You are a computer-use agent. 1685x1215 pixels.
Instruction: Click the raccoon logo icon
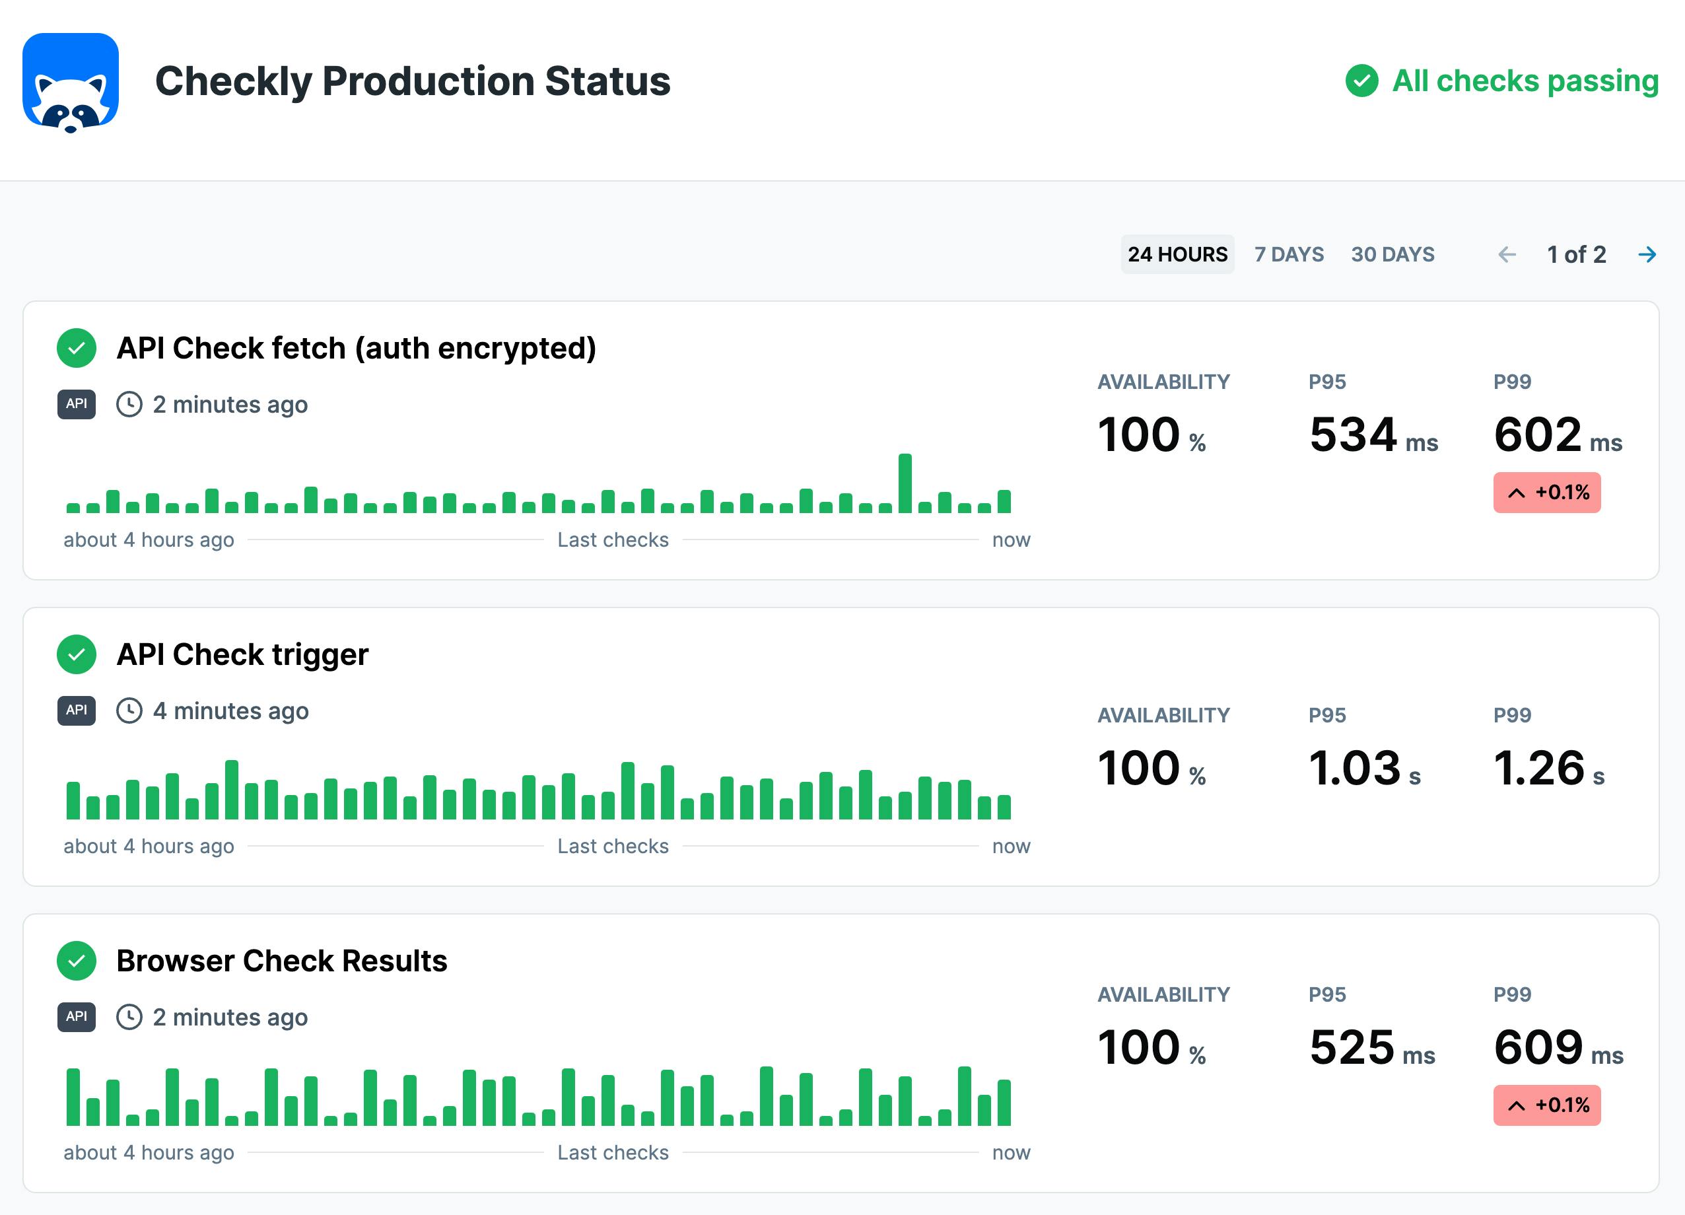pos(71,83)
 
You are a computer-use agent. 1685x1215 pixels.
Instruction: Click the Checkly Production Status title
pos(412,81)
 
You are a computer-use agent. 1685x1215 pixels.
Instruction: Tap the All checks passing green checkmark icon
pos(1361,81)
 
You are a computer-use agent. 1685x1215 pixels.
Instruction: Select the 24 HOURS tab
pos(1177,254)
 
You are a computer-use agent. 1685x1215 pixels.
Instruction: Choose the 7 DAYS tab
pos(1288,254)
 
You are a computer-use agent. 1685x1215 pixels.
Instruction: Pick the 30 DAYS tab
pos(1393,254)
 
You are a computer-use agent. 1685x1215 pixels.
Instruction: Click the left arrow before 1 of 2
pos(1507,254)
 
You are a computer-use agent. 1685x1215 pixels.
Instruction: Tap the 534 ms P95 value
pos(1373,434)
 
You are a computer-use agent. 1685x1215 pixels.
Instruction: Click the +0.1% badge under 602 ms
pos(1547,492)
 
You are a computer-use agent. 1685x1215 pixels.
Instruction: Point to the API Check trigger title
pos(242,654)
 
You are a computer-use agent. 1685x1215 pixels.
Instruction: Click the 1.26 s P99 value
pos(1548,769)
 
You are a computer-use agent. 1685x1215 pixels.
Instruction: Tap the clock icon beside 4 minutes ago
pos(129,711)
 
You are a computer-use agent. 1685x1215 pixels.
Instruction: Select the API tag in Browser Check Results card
pos(77,1017)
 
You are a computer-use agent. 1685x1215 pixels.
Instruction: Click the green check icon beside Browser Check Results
pos(77,961)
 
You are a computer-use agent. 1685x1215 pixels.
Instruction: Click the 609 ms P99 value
pos(1558,1048)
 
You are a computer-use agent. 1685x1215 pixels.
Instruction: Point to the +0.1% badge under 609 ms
pos(1547,1105)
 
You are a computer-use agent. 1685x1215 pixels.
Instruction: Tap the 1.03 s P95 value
pos(1364,769)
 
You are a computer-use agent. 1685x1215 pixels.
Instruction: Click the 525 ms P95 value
pos(1371,1048)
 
